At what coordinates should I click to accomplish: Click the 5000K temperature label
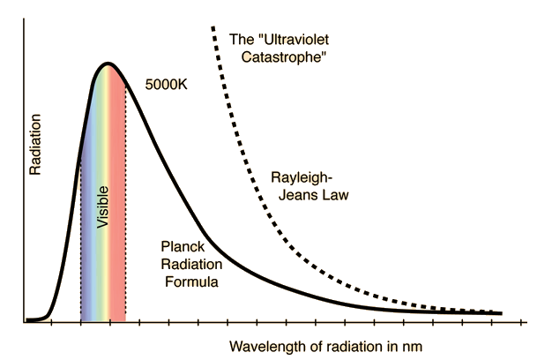(x=166, y=87)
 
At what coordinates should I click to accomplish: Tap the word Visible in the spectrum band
(x=103, y=208)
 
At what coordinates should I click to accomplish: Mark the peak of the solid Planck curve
(x=108, y=64)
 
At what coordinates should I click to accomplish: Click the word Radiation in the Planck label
(x=190, y=264)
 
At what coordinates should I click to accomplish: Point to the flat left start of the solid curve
(x=34, y=319)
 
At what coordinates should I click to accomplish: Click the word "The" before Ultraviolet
(x=241, y=39)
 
